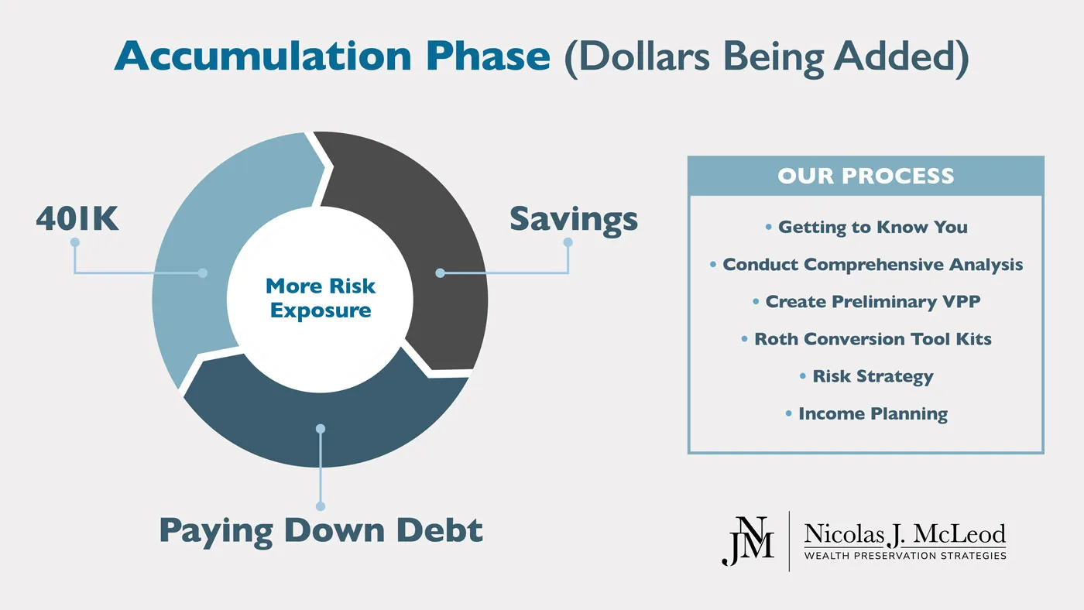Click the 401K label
77,219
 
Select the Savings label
573,219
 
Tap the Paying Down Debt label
321,531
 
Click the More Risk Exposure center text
321,298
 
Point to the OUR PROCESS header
866,176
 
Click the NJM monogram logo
747,540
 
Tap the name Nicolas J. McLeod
904,534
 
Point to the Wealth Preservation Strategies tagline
904,555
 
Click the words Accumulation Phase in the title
332,57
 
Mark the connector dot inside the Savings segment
440,272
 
